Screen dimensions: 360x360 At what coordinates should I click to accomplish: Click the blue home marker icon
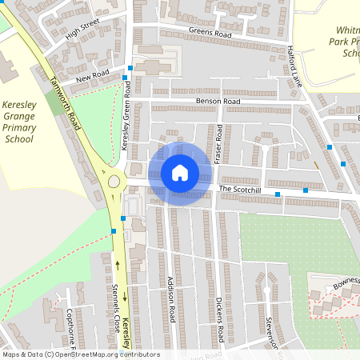click(x=180, y=172)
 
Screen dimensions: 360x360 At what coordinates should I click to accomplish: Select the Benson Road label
click(x=217, y=102)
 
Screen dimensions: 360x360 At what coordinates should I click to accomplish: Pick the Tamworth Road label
click(x=66, y=104)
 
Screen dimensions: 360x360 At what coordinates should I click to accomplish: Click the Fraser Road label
click(x=218, y=145)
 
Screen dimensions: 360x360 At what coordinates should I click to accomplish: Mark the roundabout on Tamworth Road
click(x=114, y=182)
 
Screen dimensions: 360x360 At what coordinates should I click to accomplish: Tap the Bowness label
click(x=344, y=282)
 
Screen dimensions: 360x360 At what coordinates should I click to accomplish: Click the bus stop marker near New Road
click(x=130, y=68)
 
